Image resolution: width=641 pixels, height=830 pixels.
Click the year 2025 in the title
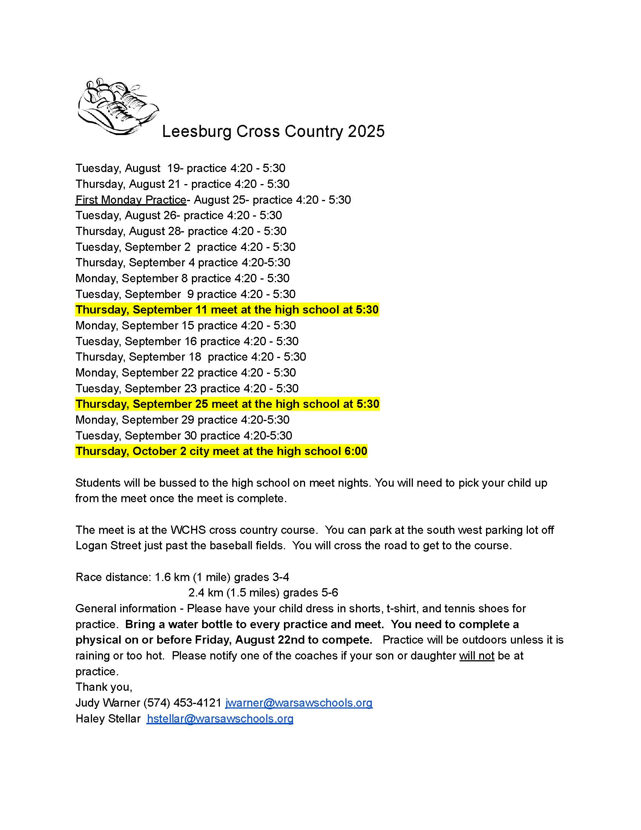pyautogui.click(x=366, y=132)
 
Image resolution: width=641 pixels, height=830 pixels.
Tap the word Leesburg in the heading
pyautogui.click(x=196, y=132)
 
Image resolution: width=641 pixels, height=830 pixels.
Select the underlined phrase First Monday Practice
pyautogui.click(x=130, y=200)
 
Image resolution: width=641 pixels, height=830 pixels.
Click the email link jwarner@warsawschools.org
pyautogui.click(x=299, y=703)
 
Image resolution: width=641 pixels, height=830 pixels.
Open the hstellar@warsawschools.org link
pyautogui.click(x=220, y=719)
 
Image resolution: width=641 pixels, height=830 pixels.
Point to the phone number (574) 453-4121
pyautogui.click(x=182, y=703)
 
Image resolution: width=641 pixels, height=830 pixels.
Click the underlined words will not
pyautogui.click(x=477, y=656)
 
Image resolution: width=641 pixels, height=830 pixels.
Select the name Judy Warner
pyautogui.click(x=108, y=703)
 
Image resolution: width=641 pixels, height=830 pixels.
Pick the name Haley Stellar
pyautogui.click(x=108, y=719)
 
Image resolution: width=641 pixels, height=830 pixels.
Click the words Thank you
pyautogui.click(x=104, y=687)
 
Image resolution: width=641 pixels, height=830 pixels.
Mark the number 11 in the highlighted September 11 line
pyautogui.click(x=201, y=310)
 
